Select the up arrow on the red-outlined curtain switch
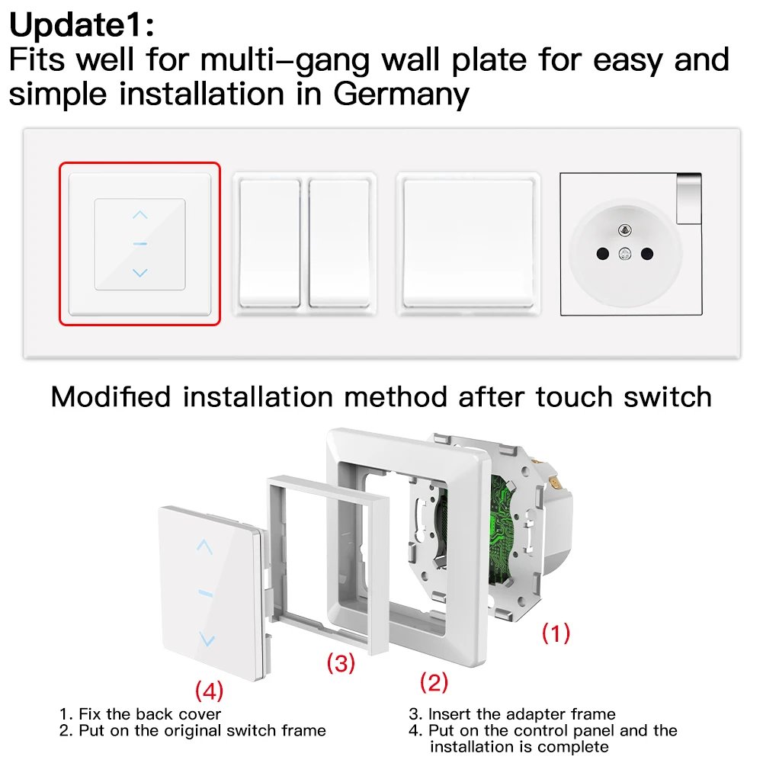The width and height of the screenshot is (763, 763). pyautogui.click(x=139, y=216)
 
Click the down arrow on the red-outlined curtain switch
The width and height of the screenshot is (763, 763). pyautogui.click(x=139, y=272)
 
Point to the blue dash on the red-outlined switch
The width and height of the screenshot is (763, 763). pyautogui.click(x=139, y=244)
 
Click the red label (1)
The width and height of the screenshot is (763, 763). pyautogui.click(x=556, y=633)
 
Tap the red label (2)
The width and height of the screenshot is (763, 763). pyautogui.click(x=434, y=682)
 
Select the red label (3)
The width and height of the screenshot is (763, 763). pyautogui.click(x=341, y=663)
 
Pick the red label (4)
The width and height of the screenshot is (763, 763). pyautogui.click(x=209, y=691)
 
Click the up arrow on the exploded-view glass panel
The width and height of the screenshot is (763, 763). pyautogui.click(x=204, y=546)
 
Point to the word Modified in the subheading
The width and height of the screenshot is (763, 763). pyautogui.click(x=113, y=396)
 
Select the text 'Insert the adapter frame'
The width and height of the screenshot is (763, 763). pyautogui.click(x=521, y=714)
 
